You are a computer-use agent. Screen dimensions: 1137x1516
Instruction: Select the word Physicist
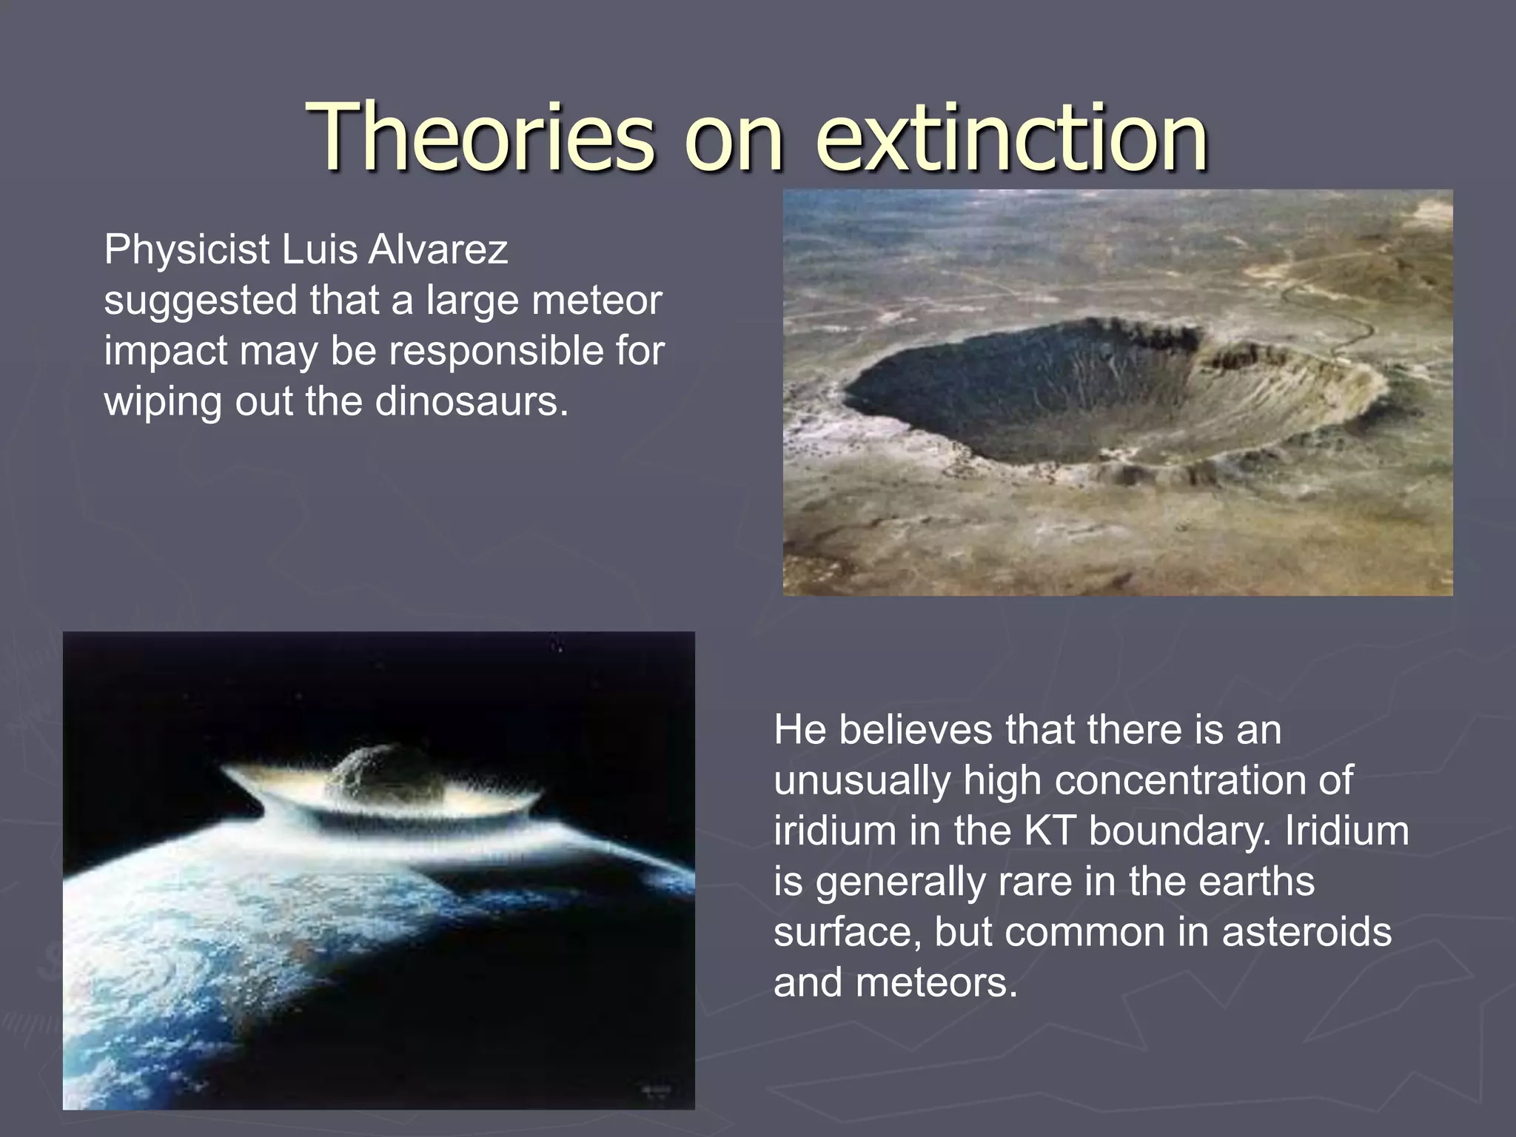187,249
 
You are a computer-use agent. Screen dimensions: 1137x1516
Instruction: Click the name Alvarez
437,249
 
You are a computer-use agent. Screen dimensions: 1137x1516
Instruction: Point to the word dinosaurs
472,402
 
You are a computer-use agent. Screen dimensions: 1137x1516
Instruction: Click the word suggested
200,301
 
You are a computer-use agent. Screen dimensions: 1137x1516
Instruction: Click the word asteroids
1307,931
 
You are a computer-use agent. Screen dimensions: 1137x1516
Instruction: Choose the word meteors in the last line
936,982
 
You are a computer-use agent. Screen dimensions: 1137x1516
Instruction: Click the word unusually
862,780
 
